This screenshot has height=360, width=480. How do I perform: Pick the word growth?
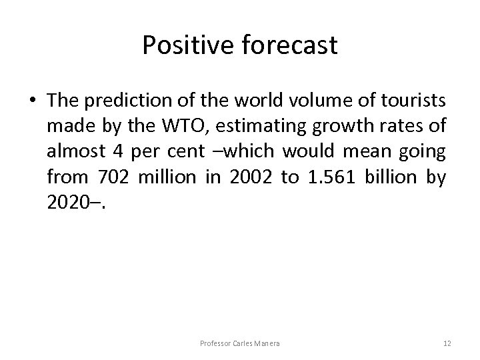pyautogui.click(x=351, y=127)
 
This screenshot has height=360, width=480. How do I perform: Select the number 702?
pyautogui.click(x=111, y=177)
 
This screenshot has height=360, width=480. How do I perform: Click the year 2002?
pyautogui.click(x=243, y=177)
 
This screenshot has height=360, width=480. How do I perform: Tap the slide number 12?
pyautogui.click(x=447, y=343)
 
